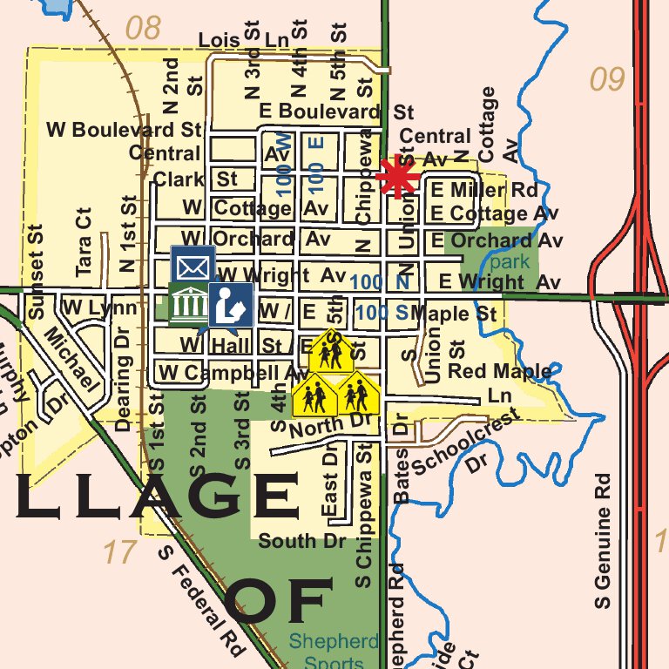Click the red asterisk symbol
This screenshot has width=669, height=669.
coord(398,177)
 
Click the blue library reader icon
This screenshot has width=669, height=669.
coord(231,304)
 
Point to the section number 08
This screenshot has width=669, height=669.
coord(143,28)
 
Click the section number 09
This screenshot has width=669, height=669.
coord(607,80)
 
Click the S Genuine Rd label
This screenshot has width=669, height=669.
coord(603,540)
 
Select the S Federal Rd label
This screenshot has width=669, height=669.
coord(203,600)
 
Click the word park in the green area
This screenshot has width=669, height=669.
coord(509,261)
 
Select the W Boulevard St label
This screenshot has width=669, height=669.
coord(124,130)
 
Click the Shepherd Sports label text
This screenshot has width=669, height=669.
coord(334,652)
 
